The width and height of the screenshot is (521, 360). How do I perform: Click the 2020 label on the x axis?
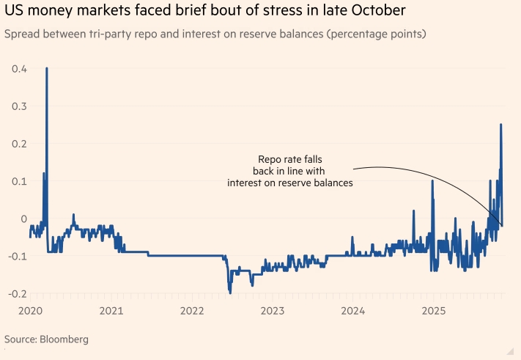pyautogui.click(x=30, y=311)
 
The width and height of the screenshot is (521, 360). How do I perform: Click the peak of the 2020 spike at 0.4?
pyautogui.click(x=47, y=68)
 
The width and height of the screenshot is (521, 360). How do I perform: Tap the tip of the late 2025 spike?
pyautogui.click(x=501, y=125)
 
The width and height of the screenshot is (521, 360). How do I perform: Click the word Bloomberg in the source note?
pyautogui.click(x=64, y=339)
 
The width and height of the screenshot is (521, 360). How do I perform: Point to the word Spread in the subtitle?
pyautogui.click(x=23, y=34)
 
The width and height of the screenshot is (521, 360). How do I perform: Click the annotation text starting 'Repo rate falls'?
pyautogui.click(x=290, y=171)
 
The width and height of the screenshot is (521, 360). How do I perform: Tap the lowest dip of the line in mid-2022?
pyautogui.click(x=230, y=293)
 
